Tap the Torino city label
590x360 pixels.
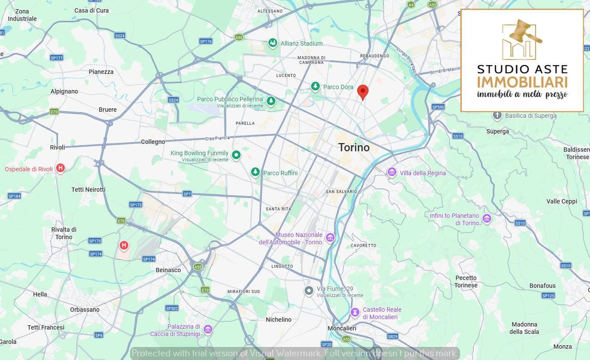tap(354, 147)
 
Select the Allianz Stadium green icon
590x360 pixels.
tap(273, 43)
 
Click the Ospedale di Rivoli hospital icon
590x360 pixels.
tap(60, 168)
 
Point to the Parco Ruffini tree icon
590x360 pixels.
tap(255, 172)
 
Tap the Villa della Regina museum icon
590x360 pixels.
tap(392, 172)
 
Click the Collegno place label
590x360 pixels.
tap(153, 142)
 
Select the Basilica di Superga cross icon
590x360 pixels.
tap(497, 115)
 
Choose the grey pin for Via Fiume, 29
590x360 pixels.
tap(309, 290)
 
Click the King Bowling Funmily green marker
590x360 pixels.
tap(236, 154)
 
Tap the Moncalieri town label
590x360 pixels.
tap(342, 328)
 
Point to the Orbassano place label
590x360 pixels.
tap(84, 310)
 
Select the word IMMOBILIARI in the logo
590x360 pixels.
tap(522, 82)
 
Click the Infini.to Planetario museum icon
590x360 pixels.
tap(487, 218)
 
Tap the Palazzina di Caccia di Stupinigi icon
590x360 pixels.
tap(208, 329)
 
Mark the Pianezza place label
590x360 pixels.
tap(101, 72)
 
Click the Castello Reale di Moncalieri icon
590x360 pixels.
tap(355, 312)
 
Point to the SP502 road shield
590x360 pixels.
tap(172, 308)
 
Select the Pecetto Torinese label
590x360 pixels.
tap(466, 281)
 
